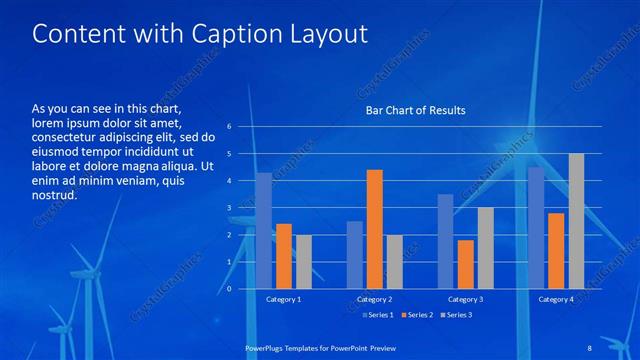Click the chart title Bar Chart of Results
click(415, 110)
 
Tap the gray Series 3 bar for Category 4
click(576, 221)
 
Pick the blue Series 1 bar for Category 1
click(264, 230)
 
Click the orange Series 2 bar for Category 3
click(465, 264)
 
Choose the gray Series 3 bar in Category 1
click(304, 261)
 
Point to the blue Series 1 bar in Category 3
click(445, 241)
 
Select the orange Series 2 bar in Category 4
click(556, 250)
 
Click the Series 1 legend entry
click(375, 315)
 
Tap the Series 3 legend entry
click(456, 315)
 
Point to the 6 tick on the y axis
click(230, 127)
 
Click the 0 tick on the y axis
click(230, 289)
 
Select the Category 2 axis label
click(374, 299)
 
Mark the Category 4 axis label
click(556, 299)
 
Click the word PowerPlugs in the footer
click(268, 347)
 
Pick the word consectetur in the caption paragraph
click(66, 136)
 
